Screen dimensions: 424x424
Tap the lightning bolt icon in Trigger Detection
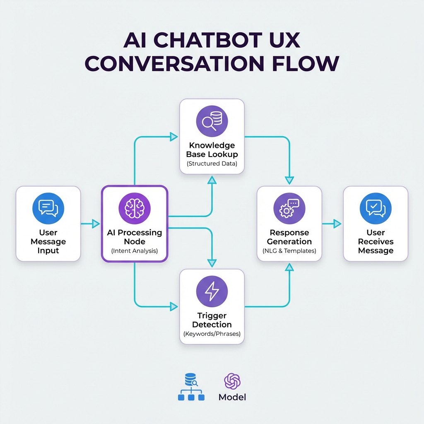(212, 291)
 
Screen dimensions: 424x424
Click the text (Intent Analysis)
(134, 251)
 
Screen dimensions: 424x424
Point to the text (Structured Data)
(212, 164)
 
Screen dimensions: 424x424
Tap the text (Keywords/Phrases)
(212, 334)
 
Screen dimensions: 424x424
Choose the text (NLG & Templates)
(289, 251)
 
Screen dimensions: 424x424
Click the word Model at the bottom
(232, 397)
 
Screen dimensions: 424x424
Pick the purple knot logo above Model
(232, 381)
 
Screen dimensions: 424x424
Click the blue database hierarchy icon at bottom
(191, 387)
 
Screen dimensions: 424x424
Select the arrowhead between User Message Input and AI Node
(96, 224)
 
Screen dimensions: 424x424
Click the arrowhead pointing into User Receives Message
(337, 224)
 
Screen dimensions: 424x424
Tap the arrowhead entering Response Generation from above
(289, 180)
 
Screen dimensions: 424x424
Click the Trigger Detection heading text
(212, 320)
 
